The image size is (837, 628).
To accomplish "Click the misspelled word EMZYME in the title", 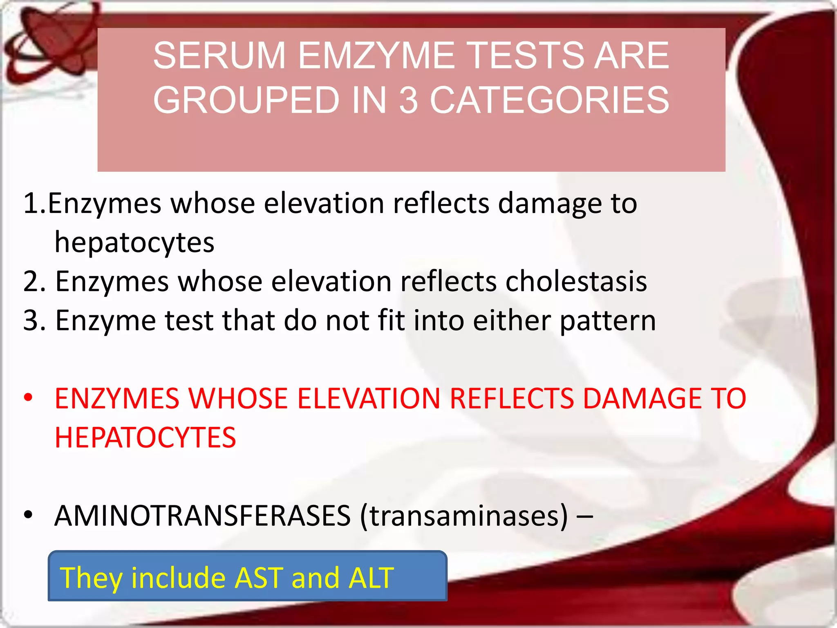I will coord(376,56).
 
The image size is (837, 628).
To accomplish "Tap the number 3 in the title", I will coord(409,101).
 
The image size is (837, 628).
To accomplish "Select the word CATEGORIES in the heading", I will coord(549,101).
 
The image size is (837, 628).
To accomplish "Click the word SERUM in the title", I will coord(219,56).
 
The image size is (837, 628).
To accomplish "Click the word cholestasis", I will coord(576,282).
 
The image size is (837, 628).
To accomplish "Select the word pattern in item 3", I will coord(608,321).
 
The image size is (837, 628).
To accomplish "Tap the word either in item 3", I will coord(512,320).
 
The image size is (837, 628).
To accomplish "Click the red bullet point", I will coord(28,397).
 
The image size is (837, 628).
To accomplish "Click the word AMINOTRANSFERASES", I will coord(202,516).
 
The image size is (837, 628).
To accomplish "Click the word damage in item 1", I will coord(550,204).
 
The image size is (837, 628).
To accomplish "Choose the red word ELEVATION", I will coord(369,399).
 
